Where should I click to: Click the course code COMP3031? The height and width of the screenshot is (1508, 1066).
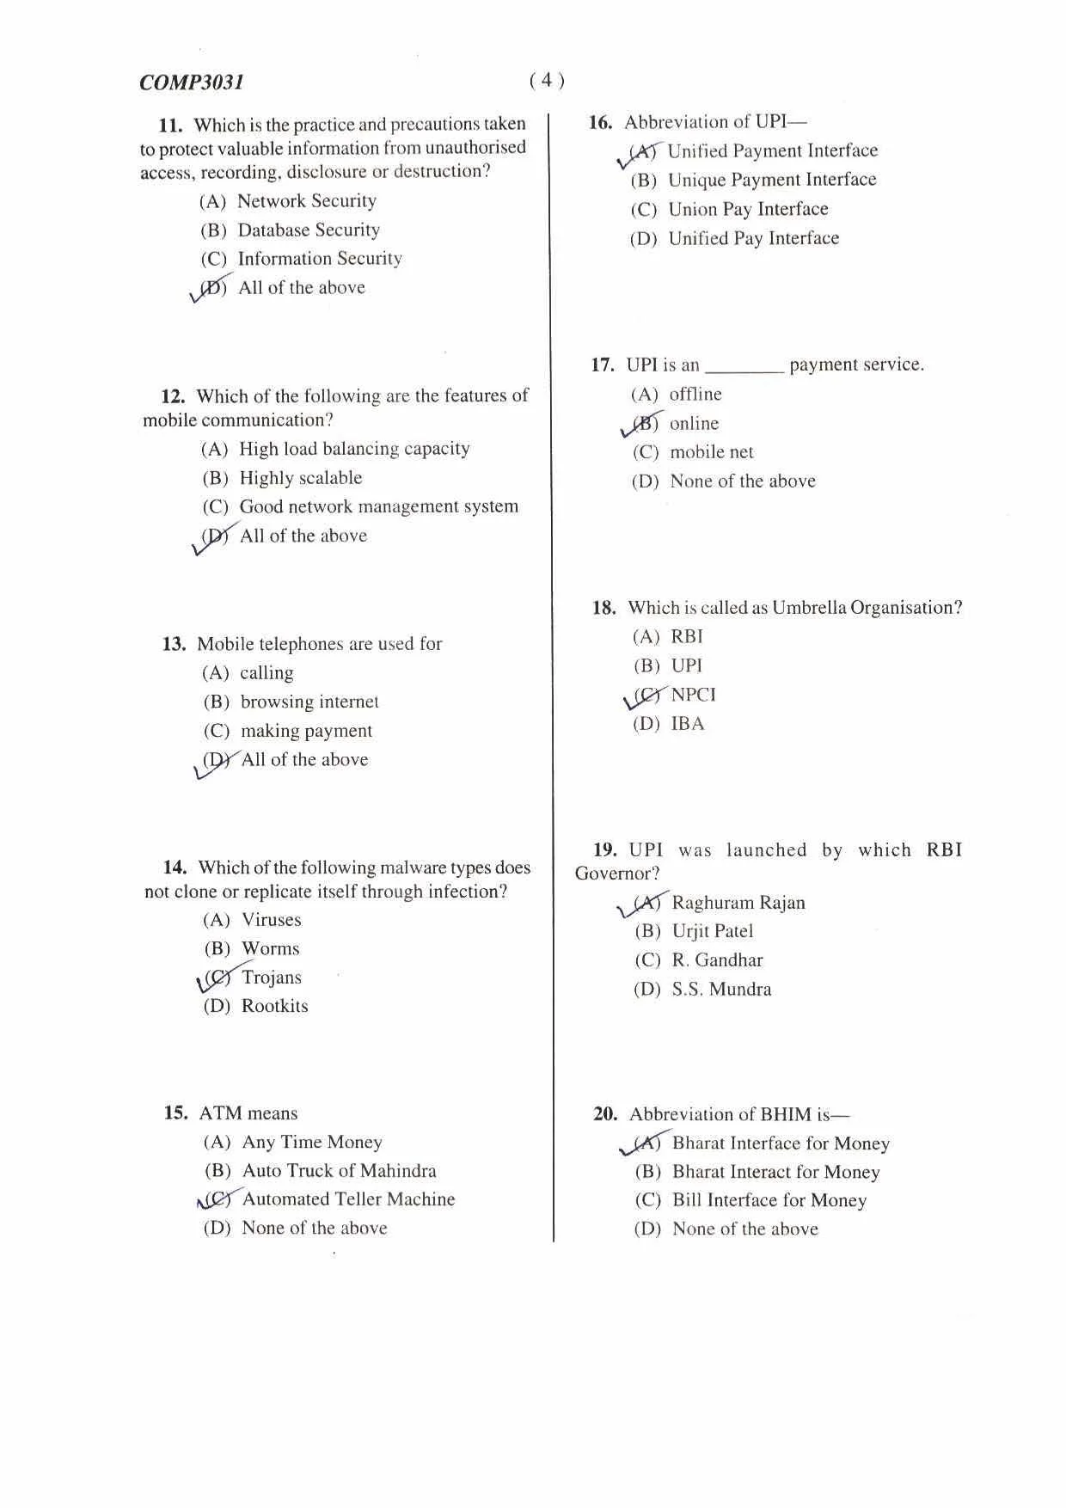coord(192,83)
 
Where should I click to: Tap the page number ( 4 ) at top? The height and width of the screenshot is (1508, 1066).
coord(547,81)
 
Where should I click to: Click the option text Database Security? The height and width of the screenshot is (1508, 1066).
coord(309,230)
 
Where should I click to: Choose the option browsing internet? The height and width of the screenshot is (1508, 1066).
coord(309,702)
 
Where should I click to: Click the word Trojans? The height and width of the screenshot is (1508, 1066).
coord(272,978)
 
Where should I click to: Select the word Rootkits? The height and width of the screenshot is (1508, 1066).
coord(274,1006)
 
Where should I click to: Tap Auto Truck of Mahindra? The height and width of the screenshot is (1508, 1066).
coord(339,1171)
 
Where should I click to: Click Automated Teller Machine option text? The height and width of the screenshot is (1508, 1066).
coord(348,1199)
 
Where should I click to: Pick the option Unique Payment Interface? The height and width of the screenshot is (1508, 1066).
coord(772,181)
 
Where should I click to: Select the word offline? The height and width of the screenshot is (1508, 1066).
coord(695,395)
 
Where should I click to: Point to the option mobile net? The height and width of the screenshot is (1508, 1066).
coord(712,452)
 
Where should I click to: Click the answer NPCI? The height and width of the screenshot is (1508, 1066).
coord(693,695)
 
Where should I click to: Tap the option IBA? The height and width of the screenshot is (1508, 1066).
coord(688,724)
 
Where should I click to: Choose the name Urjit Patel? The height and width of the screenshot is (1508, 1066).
coord(713,931)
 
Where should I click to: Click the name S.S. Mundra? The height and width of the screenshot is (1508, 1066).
coord(721,990)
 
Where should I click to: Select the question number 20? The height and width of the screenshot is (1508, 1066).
coord(605,1114)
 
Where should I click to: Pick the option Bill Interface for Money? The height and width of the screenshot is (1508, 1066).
coord(769,1200)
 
